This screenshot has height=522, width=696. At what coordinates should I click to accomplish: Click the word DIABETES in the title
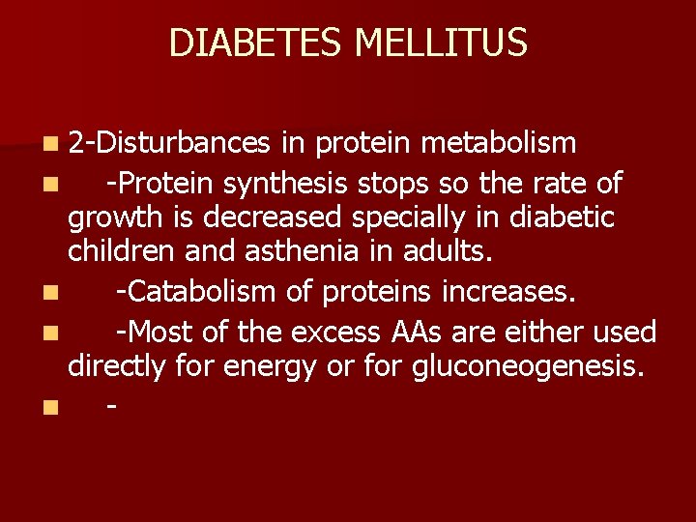pyautogui.click(x=258, y=43)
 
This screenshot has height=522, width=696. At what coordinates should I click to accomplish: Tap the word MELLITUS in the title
pyautogui.click(x=441, y=43)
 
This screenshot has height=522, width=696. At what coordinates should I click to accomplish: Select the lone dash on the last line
pyautogui.click(x=113, y=406)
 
